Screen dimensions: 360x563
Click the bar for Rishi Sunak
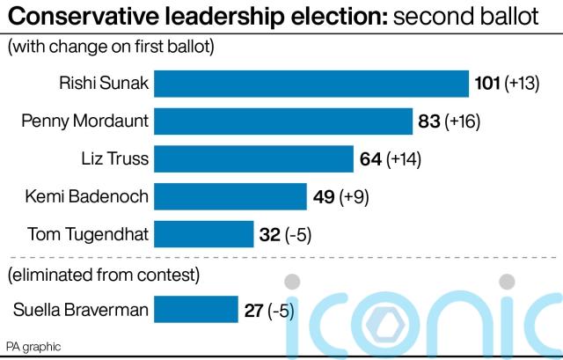pos(311,84)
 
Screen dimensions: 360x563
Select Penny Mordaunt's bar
pos(283,121)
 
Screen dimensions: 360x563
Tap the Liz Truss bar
pos(253,159)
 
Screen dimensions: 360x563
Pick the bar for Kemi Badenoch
pos(230,196)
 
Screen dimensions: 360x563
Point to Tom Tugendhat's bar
pos(203,234)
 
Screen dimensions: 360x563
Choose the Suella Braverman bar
pos(196,309)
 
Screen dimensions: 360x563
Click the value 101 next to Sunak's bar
pos(486,84)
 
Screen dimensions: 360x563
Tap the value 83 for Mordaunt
pos(429,121)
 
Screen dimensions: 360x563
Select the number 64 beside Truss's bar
pos(370,159)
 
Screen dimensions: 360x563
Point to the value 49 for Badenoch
pos(323,196)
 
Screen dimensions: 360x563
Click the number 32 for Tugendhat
pos(270,234)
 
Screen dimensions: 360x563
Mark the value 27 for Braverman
pos(252,309)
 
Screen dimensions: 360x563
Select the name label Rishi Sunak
pos(105,84)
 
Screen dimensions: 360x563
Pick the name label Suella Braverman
pos(81,309)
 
